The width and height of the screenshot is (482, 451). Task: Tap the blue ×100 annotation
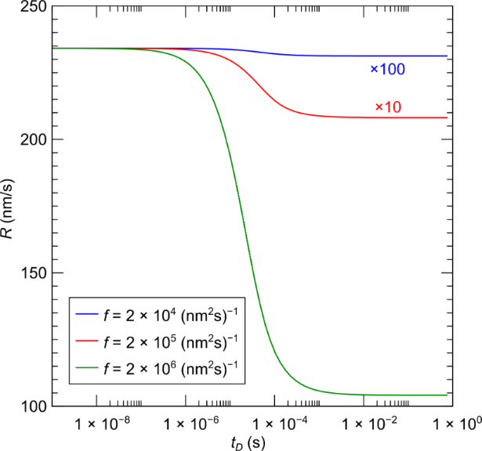click(387, 70)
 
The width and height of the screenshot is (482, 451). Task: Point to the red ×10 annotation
click(388, 106)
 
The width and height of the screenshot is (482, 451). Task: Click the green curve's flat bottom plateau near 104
click(376, 395)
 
